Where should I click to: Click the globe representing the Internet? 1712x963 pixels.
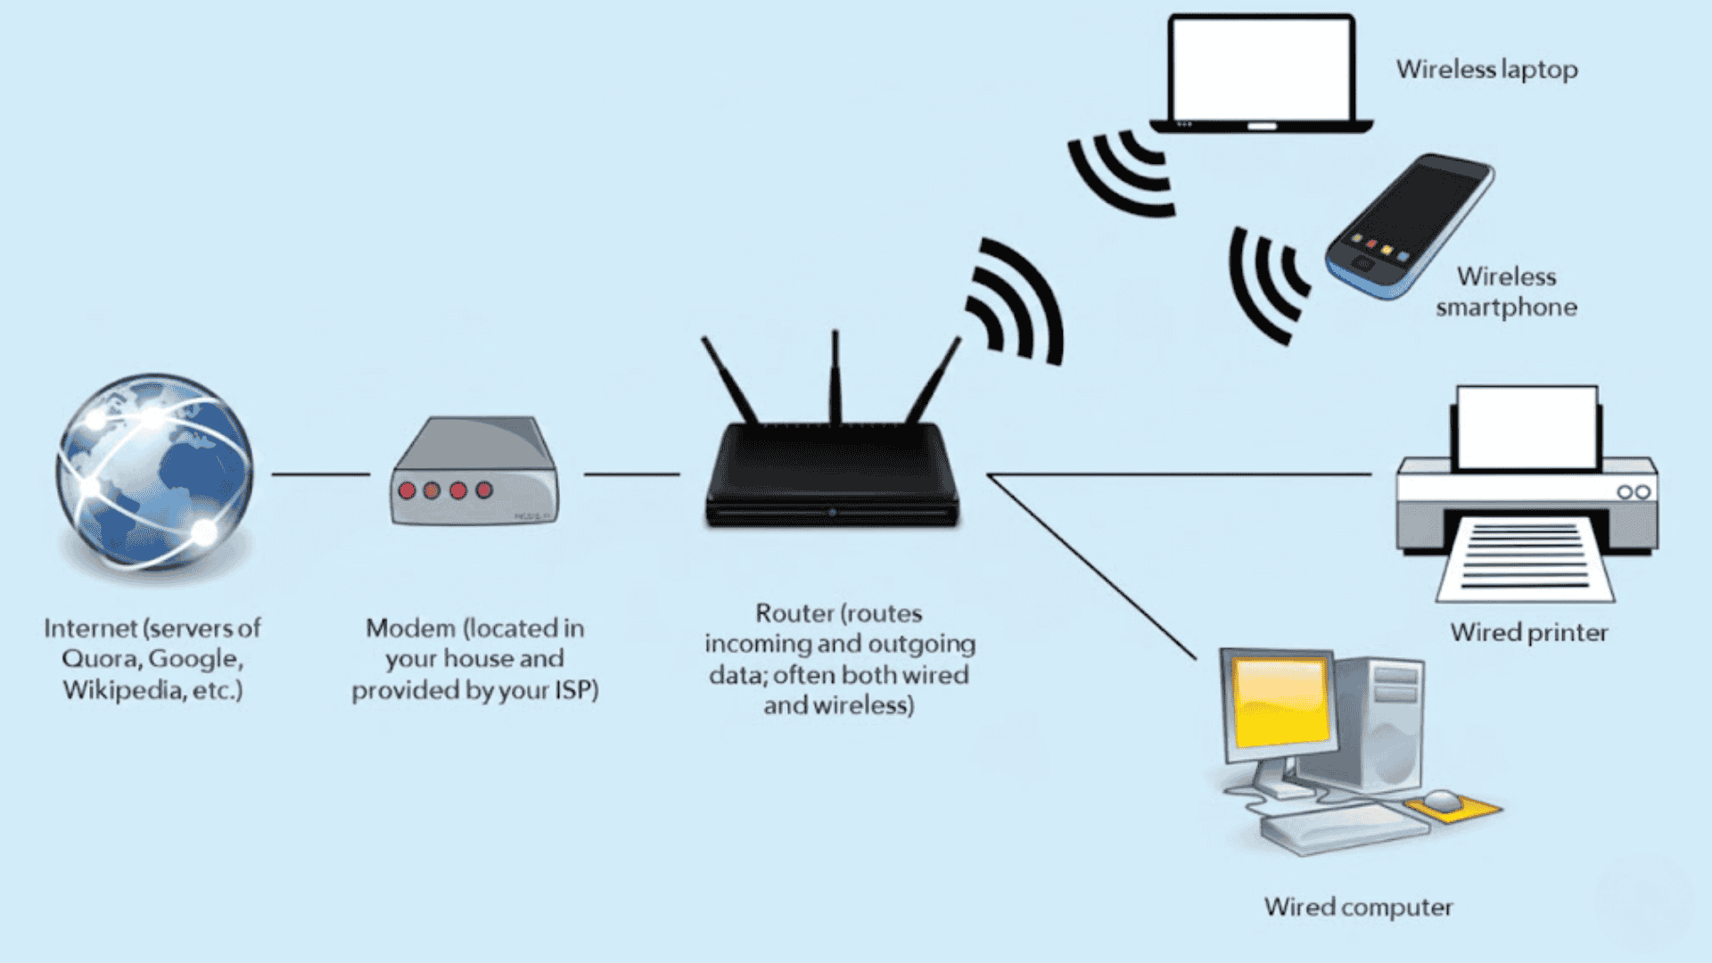point(154,471)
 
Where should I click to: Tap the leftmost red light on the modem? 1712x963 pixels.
point(407,490)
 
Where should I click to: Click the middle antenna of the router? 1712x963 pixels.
point(835,379)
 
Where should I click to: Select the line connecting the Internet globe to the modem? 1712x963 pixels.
point(320,474)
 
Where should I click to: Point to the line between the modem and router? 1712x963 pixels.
point(631,474)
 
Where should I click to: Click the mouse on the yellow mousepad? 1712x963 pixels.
point(1443,799)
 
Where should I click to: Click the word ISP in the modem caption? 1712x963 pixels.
point(575,690)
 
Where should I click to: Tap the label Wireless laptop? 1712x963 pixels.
point(1486,70)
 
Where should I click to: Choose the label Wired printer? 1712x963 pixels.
point(1528,633)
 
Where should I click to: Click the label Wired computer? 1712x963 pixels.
point(1358,908)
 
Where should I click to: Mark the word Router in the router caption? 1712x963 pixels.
point(782,613)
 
